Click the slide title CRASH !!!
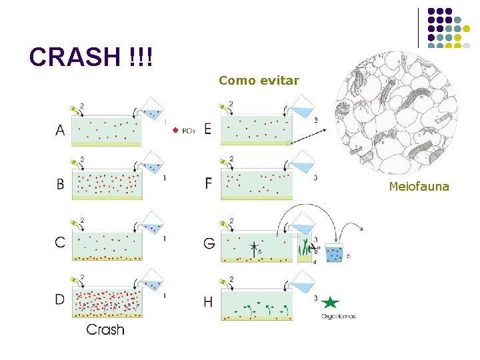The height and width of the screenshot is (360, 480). tap(91, 57)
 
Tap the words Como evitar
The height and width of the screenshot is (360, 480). tap(259, 81)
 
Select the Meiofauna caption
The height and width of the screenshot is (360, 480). tap(419, 187)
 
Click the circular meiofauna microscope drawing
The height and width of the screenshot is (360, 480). tap(397, 114)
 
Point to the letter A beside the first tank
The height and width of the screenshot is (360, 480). tap(61, 131)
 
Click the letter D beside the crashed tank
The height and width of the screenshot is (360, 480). tap(60, 299)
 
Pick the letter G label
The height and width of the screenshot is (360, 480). tap(209, 243)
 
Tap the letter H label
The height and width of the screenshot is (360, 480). tap(208, 302)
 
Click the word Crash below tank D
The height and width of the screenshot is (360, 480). tap(105, 329)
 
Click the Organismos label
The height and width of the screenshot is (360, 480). tap(338, 317)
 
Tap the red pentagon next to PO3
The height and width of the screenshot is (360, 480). tap(175, 130)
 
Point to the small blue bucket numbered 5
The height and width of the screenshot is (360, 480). tap(334, 253)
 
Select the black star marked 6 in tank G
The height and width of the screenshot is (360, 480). tap(253, 248)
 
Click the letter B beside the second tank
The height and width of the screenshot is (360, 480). tap(61, 185)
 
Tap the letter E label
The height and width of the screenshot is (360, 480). tap(208, 129)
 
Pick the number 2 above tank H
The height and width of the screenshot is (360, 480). tap(231, 279)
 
